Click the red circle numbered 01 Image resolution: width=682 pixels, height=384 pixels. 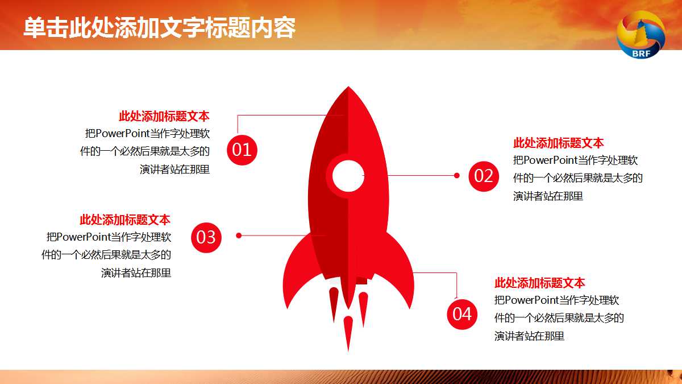click(x=242, y=150)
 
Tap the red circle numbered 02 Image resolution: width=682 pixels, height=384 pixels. click(x=484, y=176)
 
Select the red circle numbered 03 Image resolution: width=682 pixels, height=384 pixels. click(x=206, y=237)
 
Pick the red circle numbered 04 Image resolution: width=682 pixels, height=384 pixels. click(x=461, y=314)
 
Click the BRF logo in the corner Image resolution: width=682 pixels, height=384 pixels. click(x=641, y=35)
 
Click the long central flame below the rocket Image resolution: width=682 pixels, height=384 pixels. click(x=348, y=333)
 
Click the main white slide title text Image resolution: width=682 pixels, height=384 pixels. click(x=159, y=28)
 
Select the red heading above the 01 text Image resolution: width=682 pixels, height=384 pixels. click(x=164, y=117)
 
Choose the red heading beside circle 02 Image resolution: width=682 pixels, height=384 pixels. click(x=558, y=143)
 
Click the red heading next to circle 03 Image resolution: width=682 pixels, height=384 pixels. click(x=125, y=220)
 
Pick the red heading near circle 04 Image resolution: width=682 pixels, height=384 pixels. click(x=539, y=283)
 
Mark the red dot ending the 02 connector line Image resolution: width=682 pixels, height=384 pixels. click(x=456, y=176)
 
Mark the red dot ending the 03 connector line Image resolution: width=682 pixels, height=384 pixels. click(x=239, y=235)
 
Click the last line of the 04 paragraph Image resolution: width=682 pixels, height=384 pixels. click(x=529, y=336)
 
